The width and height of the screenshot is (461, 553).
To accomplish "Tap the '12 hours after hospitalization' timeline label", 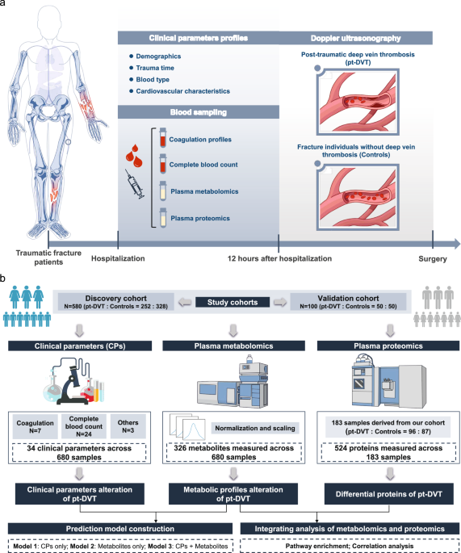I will (x=278, y=258).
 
